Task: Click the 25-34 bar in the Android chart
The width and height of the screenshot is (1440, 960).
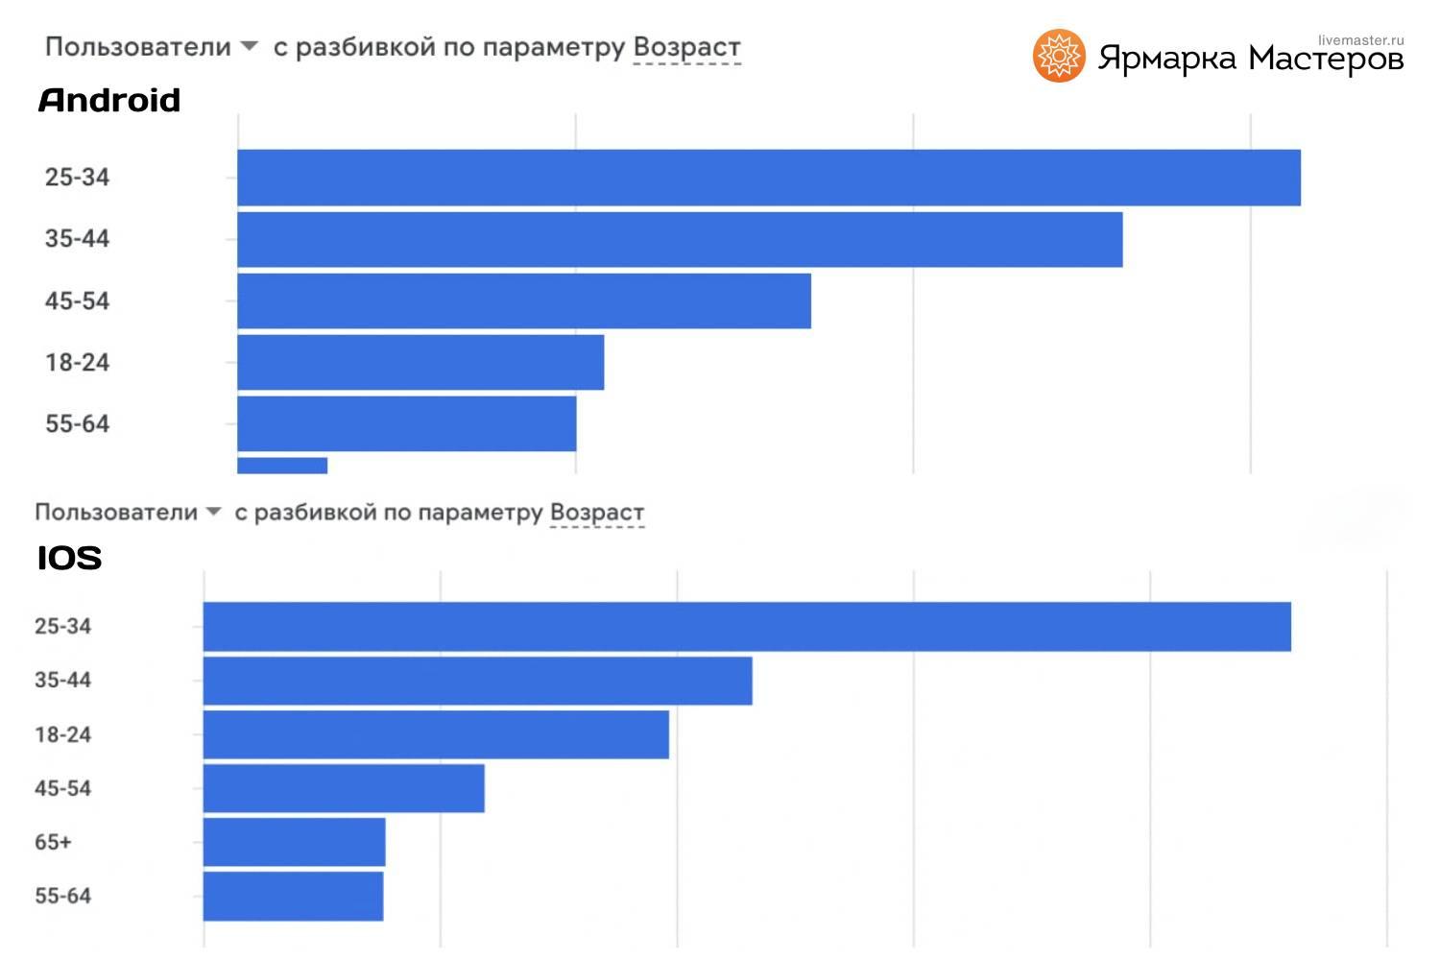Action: click(x=768, y=178)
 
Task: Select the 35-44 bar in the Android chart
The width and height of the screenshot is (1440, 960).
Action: click(x=680, y=239)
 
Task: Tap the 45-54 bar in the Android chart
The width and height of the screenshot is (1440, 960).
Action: click(x=524, y=300)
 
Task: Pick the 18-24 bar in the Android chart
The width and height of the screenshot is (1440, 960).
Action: click(x=420, y=362)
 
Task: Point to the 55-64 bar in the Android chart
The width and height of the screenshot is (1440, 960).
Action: click(x=407, y=423)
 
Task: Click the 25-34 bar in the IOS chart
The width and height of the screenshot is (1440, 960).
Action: click(x=747, y=627)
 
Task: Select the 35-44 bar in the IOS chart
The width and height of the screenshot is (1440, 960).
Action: click(x=478, y=681)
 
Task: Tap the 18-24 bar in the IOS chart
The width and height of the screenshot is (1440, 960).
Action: click(x=436, y=734)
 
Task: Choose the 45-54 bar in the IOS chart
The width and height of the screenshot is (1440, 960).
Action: click(x=344, y=788)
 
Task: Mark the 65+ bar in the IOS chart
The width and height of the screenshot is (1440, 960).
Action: click(x=295, y=842)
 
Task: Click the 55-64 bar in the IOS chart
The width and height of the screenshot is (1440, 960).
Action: click(x=294, y=896)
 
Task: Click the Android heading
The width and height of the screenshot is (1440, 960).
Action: click(x=109, y=101)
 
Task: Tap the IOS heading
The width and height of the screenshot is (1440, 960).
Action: click(x=69, y=558)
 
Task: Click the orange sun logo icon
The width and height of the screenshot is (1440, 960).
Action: click(x=1059, y=56)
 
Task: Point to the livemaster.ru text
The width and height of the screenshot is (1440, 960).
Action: click(x=1360, y=40)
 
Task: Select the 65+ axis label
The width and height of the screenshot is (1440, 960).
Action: click(x=53, y=842)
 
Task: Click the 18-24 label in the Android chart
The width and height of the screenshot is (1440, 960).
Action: click(x=77, y=362)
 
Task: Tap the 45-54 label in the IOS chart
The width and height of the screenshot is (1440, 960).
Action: click(x=62, y=788)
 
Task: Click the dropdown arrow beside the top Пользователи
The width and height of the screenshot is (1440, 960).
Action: click(x=249, y=46)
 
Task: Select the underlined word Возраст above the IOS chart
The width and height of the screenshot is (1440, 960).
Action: click(x=596, y=513)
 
